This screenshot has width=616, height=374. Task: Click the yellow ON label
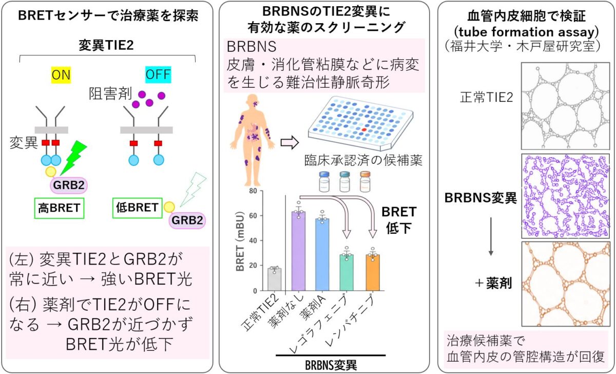point(61,75)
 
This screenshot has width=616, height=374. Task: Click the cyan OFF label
point(158,74)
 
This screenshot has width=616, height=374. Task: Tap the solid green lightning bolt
point(73,157)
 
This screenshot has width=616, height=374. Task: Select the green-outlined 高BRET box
point(59,208)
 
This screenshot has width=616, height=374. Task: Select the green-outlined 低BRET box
point(137,208)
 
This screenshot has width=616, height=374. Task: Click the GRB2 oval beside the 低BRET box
point(187,220)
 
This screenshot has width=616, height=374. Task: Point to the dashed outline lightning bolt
point(193,190)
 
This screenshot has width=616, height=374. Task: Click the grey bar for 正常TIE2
point(275,279)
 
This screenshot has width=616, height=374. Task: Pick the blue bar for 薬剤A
point(322,255)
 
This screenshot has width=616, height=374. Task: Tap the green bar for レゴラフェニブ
point(346,272)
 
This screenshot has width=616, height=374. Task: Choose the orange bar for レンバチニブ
point(373,272)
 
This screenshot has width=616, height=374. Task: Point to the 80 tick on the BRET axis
point(253,191)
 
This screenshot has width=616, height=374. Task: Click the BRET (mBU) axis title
point(240,241)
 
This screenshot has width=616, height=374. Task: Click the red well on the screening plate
point(364,129)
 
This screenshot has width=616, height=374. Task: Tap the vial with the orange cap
point(365,181)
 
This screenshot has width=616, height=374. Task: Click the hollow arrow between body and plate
point(290,142)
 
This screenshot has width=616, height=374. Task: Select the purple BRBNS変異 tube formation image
point(565,196)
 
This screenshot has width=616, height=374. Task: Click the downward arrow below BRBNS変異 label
point(491,236)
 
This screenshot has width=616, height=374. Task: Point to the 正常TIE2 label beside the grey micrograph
point(487,98)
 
